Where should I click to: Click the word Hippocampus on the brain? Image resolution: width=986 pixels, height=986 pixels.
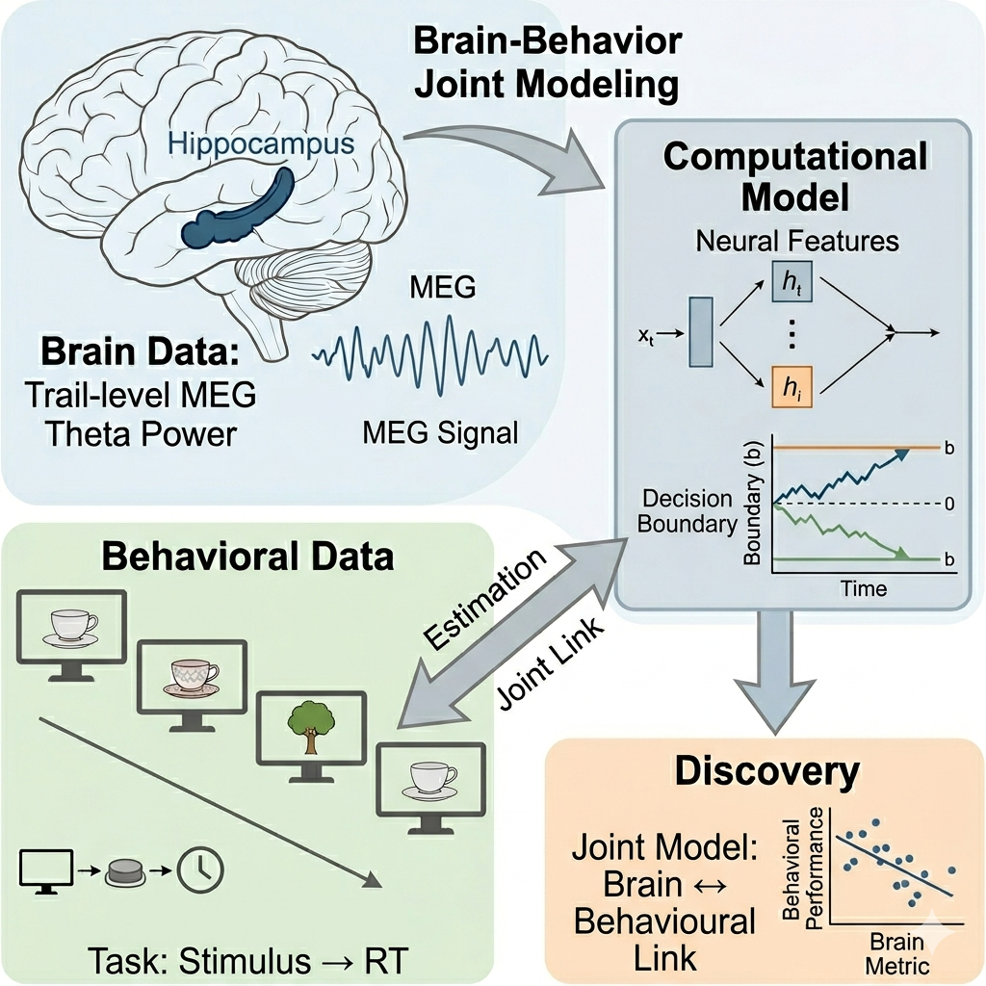(260, 144)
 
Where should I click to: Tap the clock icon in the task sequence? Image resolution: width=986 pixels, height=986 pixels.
(203, 870)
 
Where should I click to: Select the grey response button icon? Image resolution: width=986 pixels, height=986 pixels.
(124, 871)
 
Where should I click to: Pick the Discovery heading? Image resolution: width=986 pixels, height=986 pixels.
(765, 771)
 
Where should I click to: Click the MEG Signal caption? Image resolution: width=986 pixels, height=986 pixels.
(440, 433)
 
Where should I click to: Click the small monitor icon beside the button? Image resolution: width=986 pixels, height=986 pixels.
(45, 870)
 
